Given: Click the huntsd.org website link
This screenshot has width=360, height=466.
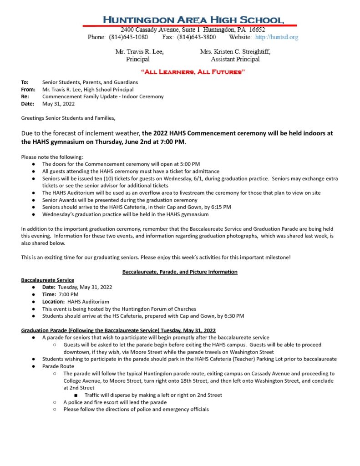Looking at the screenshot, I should [x=277, y=37].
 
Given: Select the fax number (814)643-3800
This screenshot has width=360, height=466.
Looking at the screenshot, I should [x=197, y=37].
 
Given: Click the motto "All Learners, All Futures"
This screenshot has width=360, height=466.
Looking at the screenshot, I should [x=193, y=72].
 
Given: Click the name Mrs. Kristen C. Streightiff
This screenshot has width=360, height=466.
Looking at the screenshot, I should [x=235, y=52].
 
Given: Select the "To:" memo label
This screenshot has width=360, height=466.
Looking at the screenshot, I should [x=25, y=82].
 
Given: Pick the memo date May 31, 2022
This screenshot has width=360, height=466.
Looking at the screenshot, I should [x=59, y=104].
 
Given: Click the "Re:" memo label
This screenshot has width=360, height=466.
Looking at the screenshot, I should [x=25, y=96].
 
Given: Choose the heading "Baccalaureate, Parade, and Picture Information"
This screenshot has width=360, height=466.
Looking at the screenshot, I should [x=180, y=272].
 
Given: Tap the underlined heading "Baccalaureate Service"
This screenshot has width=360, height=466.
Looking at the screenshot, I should [x=48, y=280].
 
